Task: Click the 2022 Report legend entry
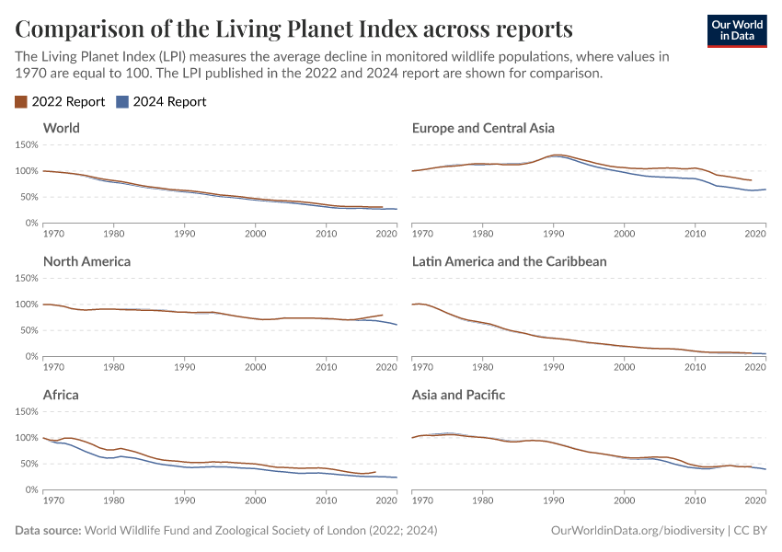[x=60, y=102]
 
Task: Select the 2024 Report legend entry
[x=162, y=102]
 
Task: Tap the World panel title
[x=62, y=128]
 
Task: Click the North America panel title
[x=86, y=261]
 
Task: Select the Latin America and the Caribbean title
[x=509, y=261]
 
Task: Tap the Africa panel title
[x=61, y=395]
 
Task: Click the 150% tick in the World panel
[x=25, y=145]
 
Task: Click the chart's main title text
[x=294, y=27]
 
